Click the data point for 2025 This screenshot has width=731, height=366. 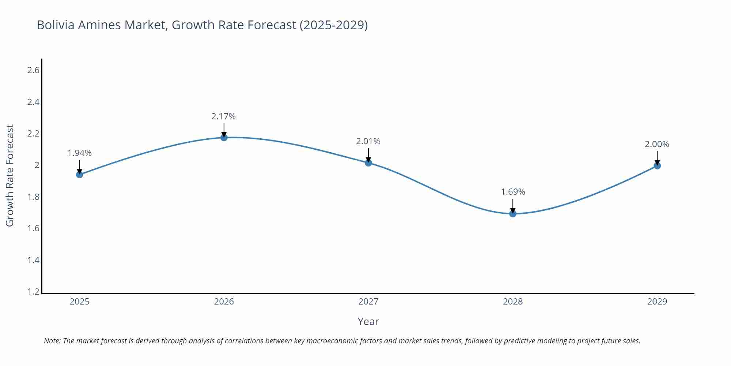point(79,175)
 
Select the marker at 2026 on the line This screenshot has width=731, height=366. point(224,138)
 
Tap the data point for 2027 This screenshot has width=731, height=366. point(368,163)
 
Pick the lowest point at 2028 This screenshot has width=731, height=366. point(512,214)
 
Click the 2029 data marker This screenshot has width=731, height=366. point(657,166)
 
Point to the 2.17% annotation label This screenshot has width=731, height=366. point(223,116)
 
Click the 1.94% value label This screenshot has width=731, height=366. point(79,153)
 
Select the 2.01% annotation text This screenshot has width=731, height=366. point(368,141)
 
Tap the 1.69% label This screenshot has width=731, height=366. point(512,192)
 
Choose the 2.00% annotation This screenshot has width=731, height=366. point(657,144)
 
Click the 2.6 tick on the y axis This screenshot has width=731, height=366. point(33,70)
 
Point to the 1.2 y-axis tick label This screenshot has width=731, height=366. point(33,292)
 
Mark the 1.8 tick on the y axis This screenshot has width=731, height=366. point(33,197)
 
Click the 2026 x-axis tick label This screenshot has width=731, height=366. point(224,302)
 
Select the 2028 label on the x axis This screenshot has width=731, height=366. point(512,302)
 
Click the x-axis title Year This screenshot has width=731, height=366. point(368,321)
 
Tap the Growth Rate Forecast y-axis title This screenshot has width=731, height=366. point(10,175)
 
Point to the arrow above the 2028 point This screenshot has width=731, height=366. point(512,206)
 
